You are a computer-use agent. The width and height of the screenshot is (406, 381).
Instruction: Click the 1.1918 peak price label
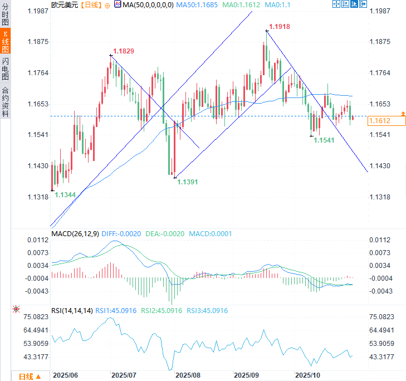pos(280,27)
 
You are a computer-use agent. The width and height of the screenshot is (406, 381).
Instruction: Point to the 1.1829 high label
pos(124,51)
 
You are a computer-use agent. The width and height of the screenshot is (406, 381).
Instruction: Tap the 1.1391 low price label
pos(188,182)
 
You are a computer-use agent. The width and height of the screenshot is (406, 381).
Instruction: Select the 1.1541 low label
pos(324,140)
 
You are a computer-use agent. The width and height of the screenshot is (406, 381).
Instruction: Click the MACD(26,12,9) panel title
pos(75,234)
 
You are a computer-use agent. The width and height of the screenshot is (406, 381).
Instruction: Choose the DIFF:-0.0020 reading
pos(121,234)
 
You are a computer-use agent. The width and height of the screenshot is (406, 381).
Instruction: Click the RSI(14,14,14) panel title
pos(72,310)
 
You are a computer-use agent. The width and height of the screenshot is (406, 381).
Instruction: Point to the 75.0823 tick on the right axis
pos(382,317)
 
